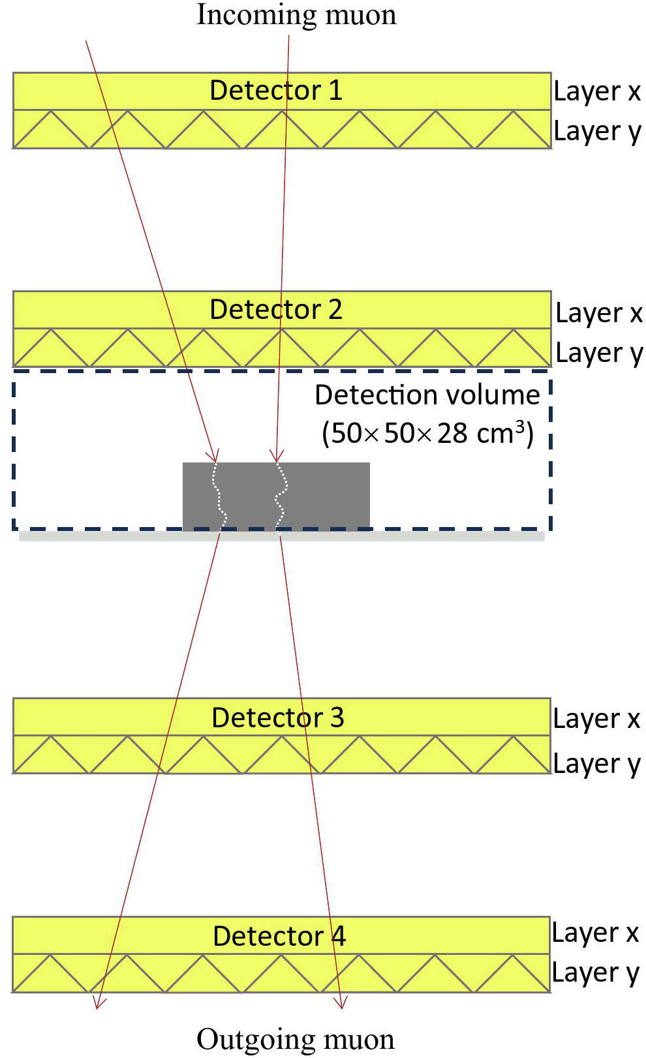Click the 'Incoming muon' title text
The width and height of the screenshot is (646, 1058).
(296, 15)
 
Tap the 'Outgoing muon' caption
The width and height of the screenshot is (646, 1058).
(296, 1040)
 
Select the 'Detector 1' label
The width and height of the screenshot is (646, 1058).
(276, 90)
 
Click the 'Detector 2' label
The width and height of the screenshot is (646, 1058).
(276, 309)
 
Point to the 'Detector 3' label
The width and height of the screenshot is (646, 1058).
(278, 718)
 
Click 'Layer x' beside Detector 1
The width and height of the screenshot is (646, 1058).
(597, 91)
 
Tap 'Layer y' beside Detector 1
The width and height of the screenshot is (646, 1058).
(597, 132)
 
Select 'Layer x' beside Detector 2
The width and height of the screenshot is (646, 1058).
(599, 313)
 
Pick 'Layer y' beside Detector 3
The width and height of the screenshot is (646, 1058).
(596, 764)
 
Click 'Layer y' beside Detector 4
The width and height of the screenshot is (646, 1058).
(596, 973)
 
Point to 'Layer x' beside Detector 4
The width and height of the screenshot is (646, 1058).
(595, 933)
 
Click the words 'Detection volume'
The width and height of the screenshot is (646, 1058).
(427, 395)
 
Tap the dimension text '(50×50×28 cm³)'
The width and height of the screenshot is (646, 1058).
(427, 433)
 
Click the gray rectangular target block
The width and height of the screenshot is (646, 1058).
(276, 496)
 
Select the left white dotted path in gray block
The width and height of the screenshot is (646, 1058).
(219, 496)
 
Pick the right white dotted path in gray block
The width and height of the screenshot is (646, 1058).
(281, 496)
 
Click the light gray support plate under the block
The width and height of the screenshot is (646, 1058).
(282, 536)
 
